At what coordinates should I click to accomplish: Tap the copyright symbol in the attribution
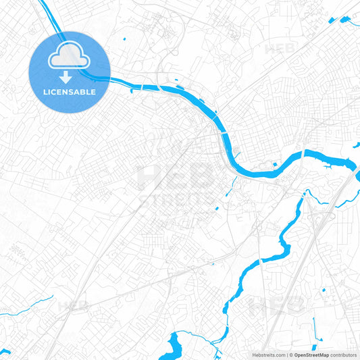[291, 354]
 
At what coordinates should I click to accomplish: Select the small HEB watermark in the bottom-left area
[72, 306]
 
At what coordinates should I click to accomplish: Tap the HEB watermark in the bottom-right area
[270, 306]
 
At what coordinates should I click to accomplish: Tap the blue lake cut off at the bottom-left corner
[5, 353]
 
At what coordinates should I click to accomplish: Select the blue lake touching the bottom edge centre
[181, 345]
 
